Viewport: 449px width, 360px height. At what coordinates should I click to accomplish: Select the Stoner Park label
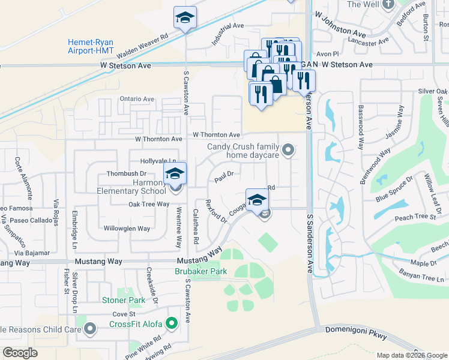(124, 300)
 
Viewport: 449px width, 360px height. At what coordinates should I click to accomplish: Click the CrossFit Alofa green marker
(172, 325)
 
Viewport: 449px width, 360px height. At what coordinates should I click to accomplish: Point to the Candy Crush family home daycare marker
(289, 150)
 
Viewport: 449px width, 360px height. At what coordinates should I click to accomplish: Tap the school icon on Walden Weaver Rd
(185, 18)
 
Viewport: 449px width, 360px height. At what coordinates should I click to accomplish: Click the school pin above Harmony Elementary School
(175, 174)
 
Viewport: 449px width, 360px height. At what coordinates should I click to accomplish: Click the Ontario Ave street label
(137, 99)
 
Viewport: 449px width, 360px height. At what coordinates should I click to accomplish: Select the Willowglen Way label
(127, 229)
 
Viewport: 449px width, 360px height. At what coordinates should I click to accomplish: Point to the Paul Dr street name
(224, 174)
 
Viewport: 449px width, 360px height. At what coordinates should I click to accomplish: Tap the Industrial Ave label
(227, 34)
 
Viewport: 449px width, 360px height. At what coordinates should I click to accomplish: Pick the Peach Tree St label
(415, 217)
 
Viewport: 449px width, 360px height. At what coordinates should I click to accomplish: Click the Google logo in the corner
(21, 353)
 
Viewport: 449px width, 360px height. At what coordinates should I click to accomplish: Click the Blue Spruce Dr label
(394, 188)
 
